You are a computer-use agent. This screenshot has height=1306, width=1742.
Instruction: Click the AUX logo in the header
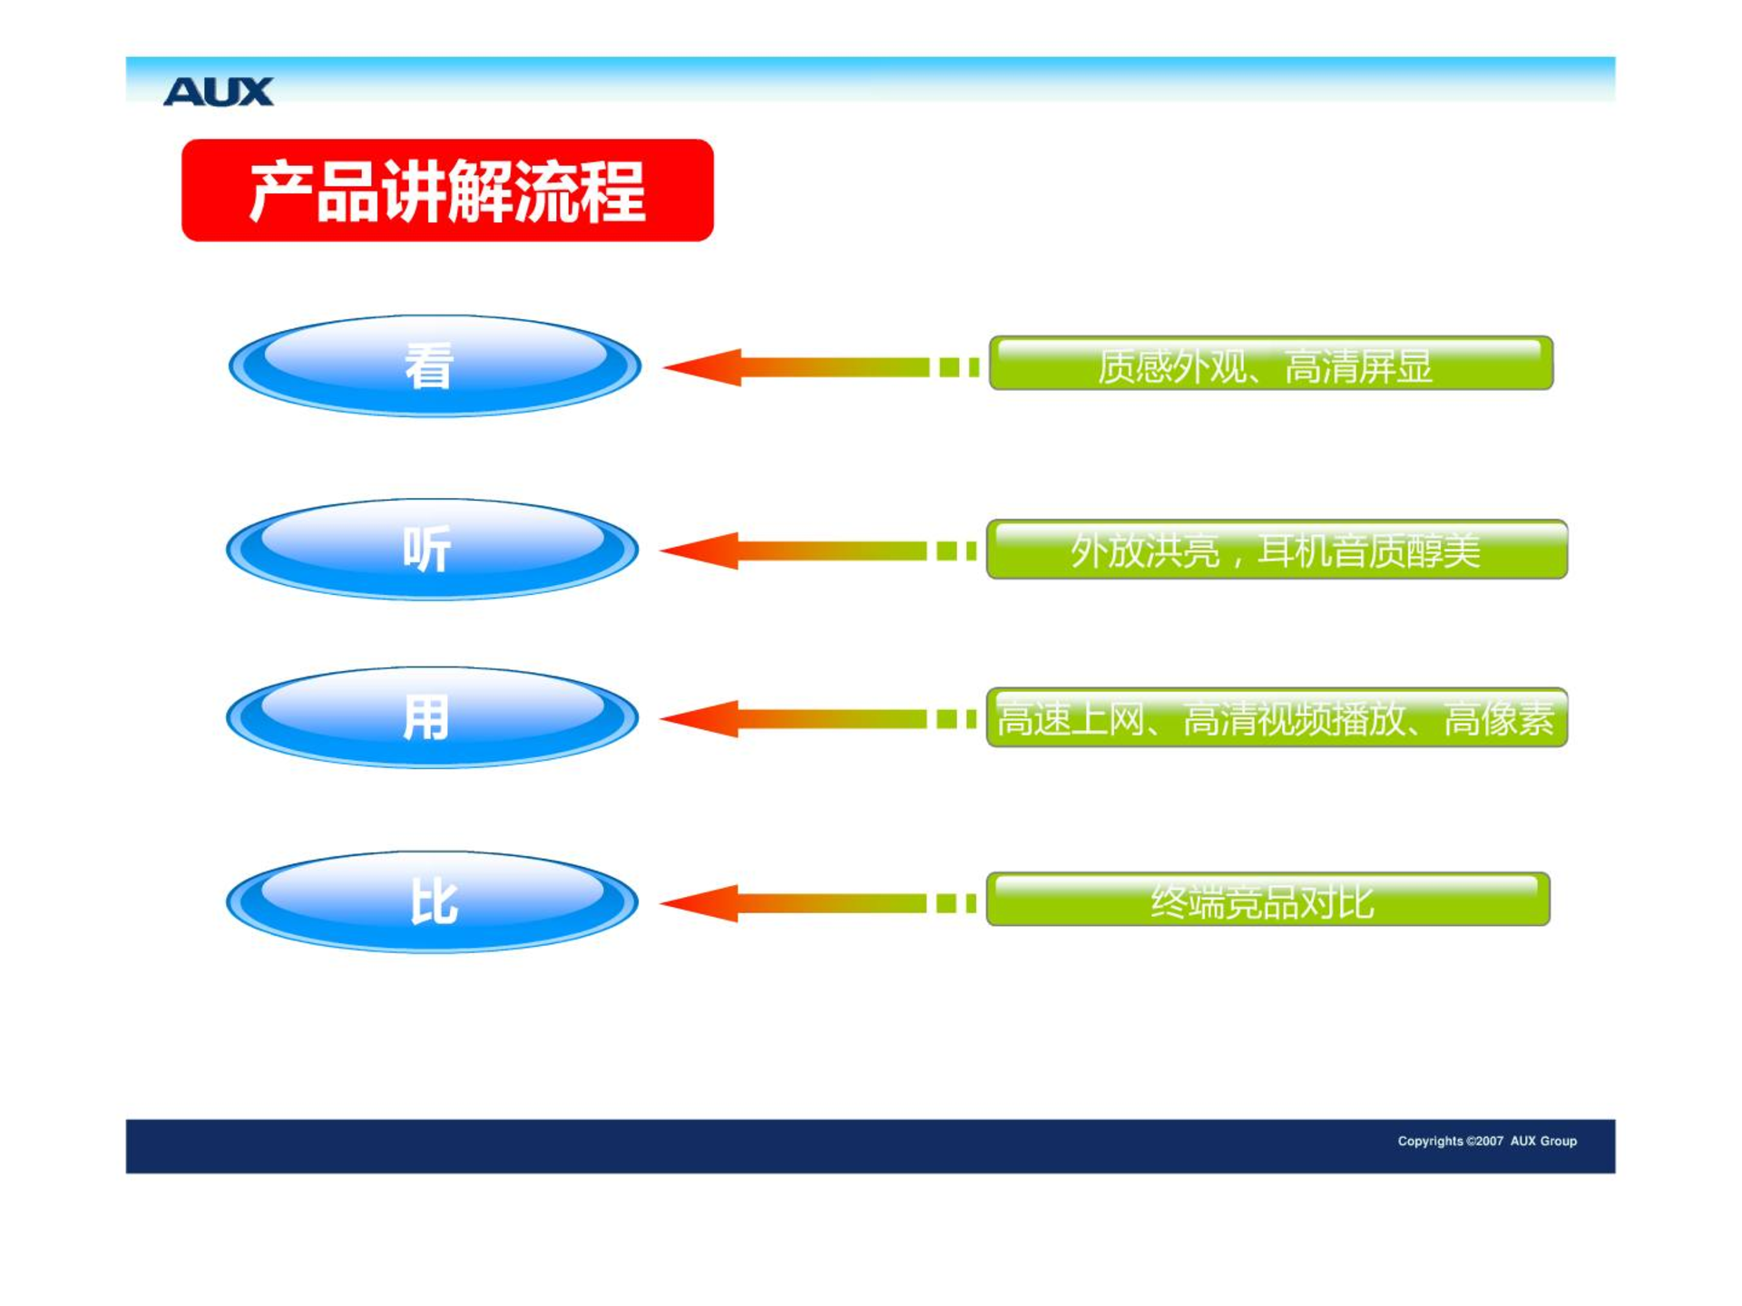pos(219,92)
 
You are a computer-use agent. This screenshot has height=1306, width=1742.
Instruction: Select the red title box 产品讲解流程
pos(447,190)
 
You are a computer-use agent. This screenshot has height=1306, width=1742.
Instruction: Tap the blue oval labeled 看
pos(435,365)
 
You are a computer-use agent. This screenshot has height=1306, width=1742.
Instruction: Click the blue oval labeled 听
pos(433,549)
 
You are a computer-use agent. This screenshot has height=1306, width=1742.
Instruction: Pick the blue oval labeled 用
pos(433,717)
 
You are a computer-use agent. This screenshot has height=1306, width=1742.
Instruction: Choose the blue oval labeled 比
pos(433,902)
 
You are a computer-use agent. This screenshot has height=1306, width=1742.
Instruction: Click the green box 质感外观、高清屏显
pos(1271,363)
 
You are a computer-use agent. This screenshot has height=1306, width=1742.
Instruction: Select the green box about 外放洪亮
pos(1277,549)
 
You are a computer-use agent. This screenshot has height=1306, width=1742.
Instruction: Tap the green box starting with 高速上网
pos(1277,717)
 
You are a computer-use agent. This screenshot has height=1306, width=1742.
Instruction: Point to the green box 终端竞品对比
pos(1268,899)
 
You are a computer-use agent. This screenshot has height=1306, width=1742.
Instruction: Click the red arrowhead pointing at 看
pos(703,367)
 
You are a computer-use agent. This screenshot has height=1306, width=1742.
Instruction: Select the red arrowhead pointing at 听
pos(700,551)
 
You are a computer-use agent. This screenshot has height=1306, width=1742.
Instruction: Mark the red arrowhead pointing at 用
pos(700,719)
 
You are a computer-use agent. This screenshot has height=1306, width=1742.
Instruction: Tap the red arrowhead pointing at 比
pos(700,903)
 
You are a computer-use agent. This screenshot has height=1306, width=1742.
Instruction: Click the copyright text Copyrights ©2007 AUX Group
pos(1487,1141)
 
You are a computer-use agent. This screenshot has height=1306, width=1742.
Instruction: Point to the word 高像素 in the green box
pos(1499,719)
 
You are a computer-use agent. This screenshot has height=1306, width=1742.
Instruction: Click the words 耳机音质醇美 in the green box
pos(1369,551)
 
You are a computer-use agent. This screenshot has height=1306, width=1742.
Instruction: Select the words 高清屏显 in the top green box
pos(1359,367)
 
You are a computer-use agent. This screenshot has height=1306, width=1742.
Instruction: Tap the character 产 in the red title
pos(281,191)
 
